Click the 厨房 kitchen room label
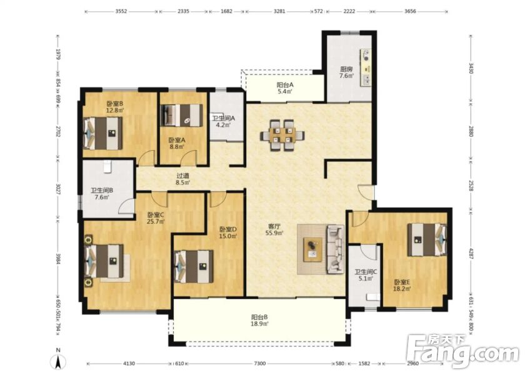pyautogui.click(x=347, y=69)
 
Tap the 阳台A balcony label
pyautogui.click(x=284, y=85)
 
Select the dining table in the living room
pyautogui.click(x=282, y=135)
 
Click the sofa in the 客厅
pyautogui.click(x=334, y=249)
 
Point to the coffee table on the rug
pyautogui.click(x=313, y=249)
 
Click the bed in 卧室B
pyautogui.click(x=103, y=133)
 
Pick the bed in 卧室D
pyautogui.click(x=194, y=266)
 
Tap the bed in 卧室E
pyautogui.click(x=427, y=239)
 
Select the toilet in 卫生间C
pyautogui.click(x=373, y=297)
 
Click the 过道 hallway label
pyautogui.click(x=183, y=176)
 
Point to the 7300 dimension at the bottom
pyautogui.click(x=259, y=363)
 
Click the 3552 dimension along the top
pyautogui.click(x=121, y=11)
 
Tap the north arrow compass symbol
pyautogui.click(x=58, y=363)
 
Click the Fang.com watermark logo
pyautogui.click(x=462, y=351)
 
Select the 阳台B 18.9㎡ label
pyautogui.click(x=259, y=320)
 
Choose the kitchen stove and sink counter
pyautogui.click(x=366, y=67)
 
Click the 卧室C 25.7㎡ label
pyautogui.click(x=156, y=218)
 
